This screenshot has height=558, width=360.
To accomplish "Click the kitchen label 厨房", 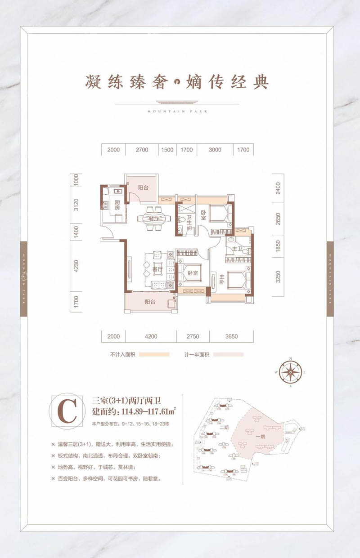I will coord(117,205).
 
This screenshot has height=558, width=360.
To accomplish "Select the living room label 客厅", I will coord(157,269).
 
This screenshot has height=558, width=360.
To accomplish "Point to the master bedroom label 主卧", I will coord(221,279).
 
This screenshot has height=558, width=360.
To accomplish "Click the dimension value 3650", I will coord(231,336).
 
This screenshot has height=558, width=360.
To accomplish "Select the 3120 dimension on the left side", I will coord(76,205).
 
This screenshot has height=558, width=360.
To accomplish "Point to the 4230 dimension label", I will coord(76,267).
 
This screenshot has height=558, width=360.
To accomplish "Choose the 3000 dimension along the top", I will coord(216,150).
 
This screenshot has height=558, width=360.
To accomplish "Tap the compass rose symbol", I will coord(290,372).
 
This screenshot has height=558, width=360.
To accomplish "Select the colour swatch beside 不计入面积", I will coord(154,354).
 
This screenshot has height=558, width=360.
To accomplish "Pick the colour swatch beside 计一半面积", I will coord(228,354).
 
